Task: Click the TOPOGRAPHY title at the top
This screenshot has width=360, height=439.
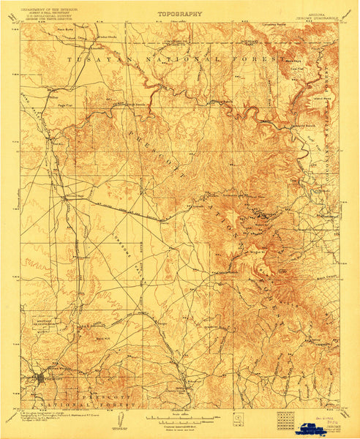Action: pyautogui.click(x=180, y=13)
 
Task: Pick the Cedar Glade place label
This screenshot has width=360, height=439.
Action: pyautogui.click(x=108, y=34)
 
